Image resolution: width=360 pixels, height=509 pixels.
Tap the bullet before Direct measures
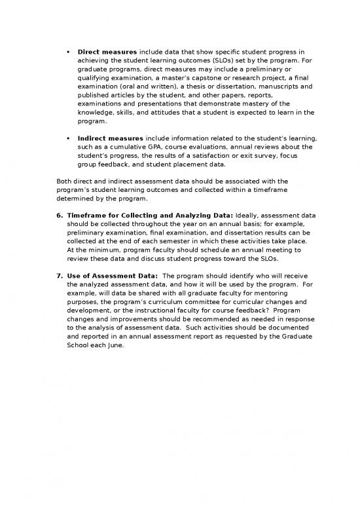tap(69, 50)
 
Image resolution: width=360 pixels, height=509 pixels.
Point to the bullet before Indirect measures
tap(69, 139)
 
